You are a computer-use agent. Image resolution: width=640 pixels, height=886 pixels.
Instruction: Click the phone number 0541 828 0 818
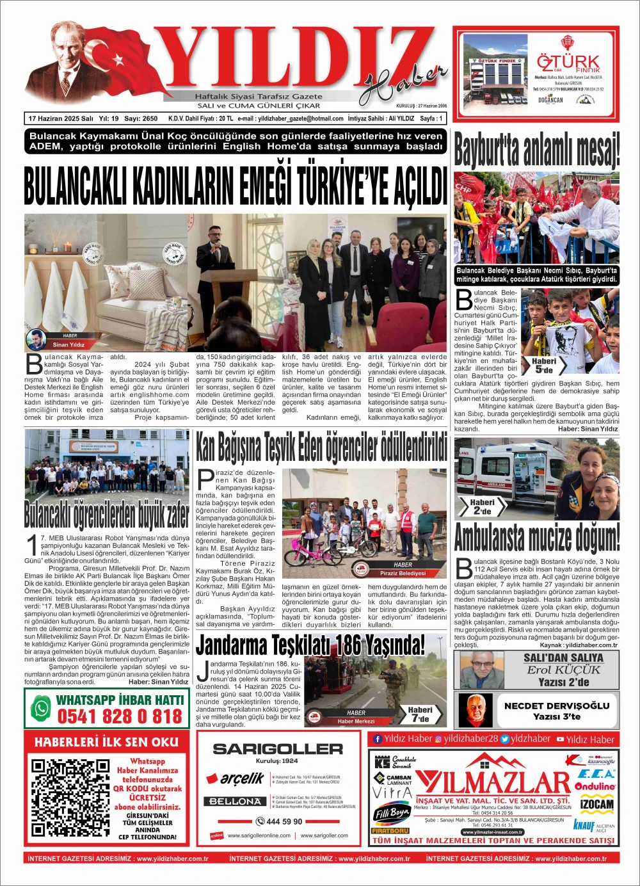coord(120,716)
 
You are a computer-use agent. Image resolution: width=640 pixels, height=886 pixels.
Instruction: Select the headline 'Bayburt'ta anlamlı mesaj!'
coord(536,150)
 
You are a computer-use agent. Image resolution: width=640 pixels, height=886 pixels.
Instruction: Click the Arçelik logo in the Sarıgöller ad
coord(234,778)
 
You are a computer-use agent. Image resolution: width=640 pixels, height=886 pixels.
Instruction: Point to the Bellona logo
coord(235,801)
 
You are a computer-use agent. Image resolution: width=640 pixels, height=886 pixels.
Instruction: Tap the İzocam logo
coord(596,804)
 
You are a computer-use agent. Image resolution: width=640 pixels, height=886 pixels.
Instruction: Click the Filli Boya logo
coord(391,814)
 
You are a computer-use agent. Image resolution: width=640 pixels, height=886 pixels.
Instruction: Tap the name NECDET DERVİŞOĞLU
coord(556,705)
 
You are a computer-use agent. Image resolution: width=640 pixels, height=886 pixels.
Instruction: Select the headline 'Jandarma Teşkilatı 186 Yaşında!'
coord(310,645)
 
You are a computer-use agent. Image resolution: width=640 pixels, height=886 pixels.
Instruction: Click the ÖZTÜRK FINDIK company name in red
coord(568,63)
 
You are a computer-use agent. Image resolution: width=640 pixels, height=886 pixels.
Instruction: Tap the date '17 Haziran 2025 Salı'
coord(61,118)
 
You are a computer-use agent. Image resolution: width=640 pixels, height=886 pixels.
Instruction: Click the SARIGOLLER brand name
coord(277,748)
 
